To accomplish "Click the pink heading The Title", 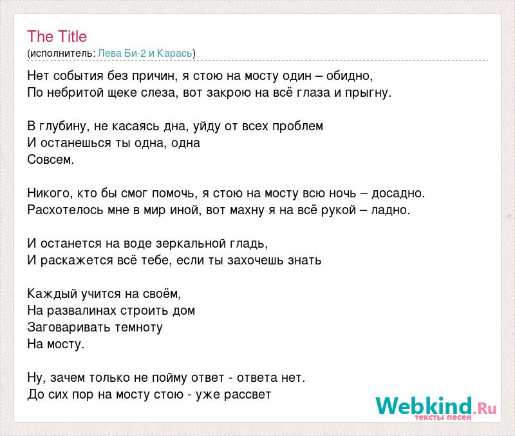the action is [57, 36].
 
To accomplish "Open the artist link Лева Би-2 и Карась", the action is [145, 53].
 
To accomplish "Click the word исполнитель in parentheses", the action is [62, 54].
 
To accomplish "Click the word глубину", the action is [62, 126].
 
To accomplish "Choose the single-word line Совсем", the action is [51, 159].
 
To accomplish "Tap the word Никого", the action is [49, 193].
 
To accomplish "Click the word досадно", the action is [397, 193].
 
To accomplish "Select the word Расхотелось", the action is [65, 210].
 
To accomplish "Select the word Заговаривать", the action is [69, 328].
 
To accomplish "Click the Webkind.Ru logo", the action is [436, 408].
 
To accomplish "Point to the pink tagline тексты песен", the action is [443, 417].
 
